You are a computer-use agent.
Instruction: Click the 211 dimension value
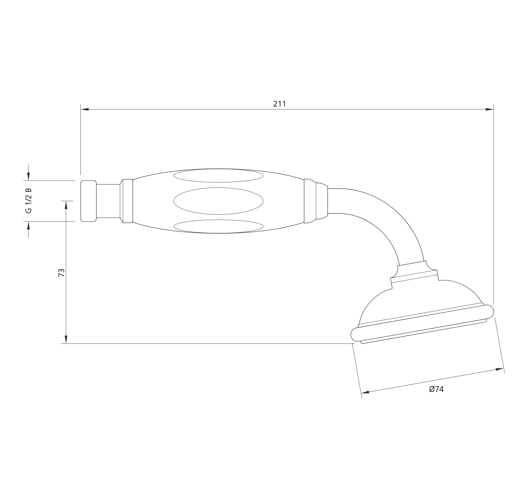point(280,104)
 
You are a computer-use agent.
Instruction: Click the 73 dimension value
point(61,272)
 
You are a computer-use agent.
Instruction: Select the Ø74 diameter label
point(436,389)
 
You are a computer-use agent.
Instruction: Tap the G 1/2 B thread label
point(29,201)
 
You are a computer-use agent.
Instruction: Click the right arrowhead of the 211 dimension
point(489,110)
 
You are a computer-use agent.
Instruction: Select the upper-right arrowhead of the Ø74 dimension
point(500,369)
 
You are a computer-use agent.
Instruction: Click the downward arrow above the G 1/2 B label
point(29,177)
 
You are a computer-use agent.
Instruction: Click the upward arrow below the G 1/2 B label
point(29,225)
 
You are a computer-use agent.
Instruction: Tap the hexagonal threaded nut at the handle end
point(88,201)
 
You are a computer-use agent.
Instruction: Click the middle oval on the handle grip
point(218,201)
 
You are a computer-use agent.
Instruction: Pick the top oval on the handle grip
point(218,176)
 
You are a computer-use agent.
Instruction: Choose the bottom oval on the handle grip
point(218,226)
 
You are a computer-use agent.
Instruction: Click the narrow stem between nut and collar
point(108,201)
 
